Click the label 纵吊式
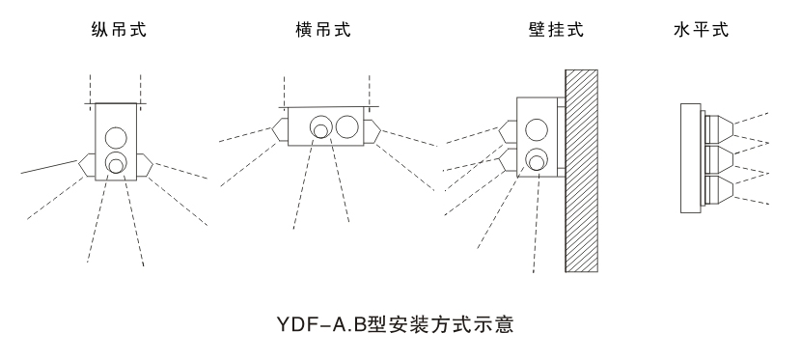(x=114, y=30)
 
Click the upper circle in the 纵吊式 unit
(x=116, y=134)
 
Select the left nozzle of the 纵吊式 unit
(x=86, y=164)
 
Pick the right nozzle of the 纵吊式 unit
(x=144, y=164)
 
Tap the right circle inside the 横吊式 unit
(x=346, y=125)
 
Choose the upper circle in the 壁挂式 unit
(x=536, y=128)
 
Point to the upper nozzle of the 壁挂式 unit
(x=511, y=130)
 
